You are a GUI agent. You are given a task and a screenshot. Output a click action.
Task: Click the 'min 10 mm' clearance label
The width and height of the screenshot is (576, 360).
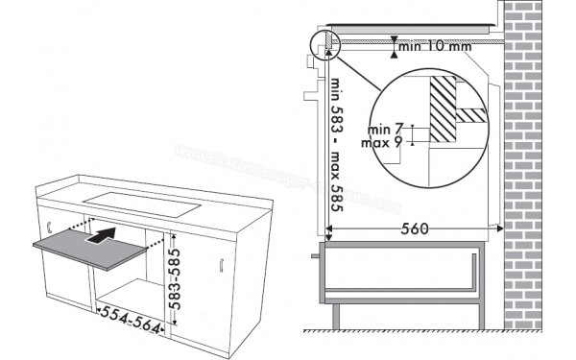click(x=436, y=45)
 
